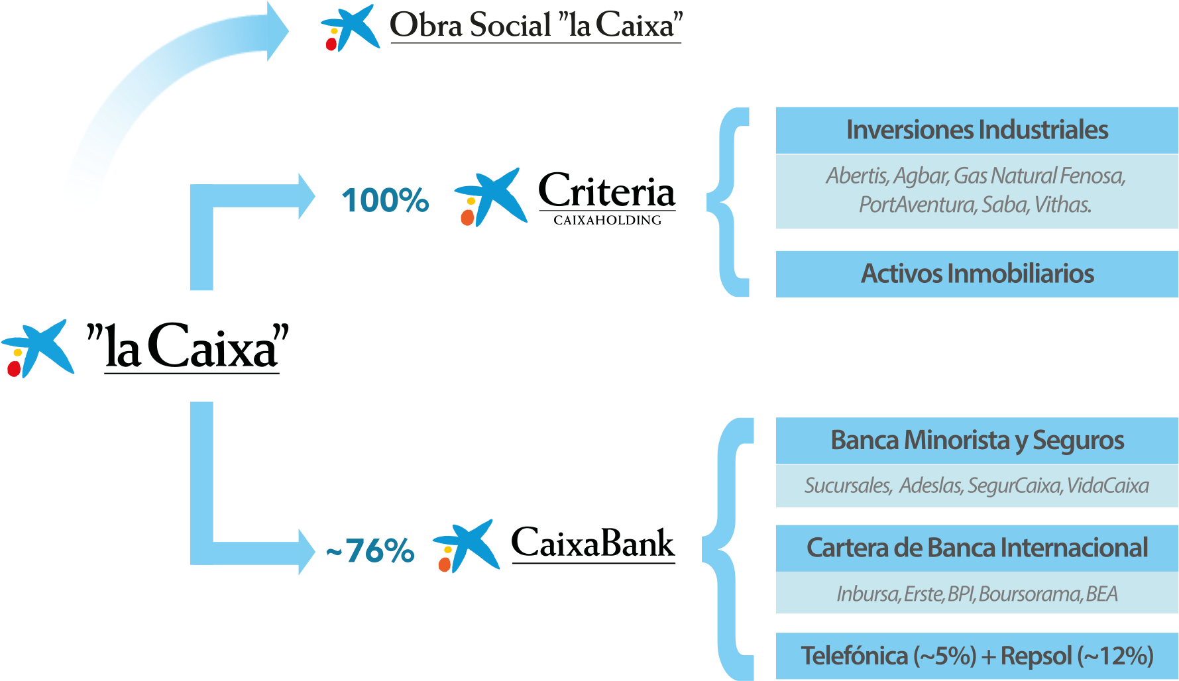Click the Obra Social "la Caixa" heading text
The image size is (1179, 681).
(x=535, y=25)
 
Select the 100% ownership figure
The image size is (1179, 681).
(x=385, y=200)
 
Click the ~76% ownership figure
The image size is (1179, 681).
(x=370, y=550)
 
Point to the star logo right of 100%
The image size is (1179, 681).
(x=491, y=197)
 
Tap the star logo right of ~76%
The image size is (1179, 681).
(x=467, y=546)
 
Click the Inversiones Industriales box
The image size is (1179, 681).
(x=977, y=131)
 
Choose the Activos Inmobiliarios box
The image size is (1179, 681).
(x=977, y=274)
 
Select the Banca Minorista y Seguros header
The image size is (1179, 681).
(x=977, y=441)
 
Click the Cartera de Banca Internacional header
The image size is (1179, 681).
(x=977, y=548)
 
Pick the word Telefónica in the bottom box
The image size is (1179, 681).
(x=854, y=656)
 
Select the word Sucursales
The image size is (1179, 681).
(x=848, y=486)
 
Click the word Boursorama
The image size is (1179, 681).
(x=1029, y=594)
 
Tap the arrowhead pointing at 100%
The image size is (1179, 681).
(x=306, y=196)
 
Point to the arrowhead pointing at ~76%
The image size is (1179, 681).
(x=306, y=552)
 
